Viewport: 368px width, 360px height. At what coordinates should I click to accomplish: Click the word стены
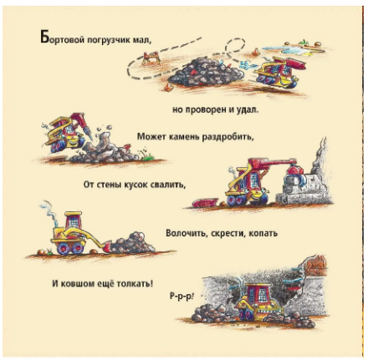[x=109, y=185]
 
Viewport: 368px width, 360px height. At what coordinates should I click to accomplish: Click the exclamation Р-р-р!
[x=181, y=296]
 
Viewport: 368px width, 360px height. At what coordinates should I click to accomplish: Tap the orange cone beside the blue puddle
[x=255, y=52]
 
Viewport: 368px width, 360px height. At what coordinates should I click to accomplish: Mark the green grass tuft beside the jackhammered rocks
[x=147, y=155]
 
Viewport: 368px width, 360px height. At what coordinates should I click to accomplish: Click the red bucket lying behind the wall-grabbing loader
[x=205, y=202]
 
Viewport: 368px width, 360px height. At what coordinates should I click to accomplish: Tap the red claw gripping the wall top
[x=295, y=173]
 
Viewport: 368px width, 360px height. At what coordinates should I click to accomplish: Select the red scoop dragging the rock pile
[x=107, y=247]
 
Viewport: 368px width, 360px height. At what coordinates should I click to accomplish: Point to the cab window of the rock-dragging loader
[x=74, y=222]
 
